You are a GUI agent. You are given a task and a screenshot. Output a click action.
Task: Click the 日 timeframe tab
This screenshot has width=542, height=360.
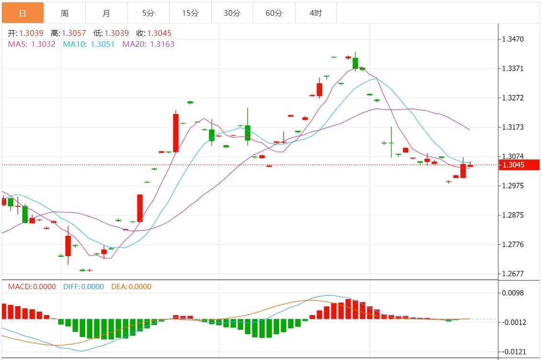23,13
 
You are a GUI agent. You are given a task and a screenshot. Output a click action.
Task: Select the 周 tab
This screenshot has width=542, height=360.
65,13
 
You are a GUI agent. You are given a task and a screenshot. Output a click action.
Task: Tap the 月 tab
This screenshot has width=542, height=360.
106,13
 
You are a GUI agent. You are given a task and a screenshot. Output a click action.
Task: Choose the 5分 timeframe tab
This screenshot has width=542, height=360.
148,13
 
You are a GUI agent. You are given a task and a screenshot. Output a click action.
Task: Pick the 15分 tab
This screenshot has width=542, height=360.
190,13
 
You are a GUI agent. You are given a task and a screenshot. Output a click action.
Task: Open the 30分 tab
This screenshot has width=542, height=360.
232,13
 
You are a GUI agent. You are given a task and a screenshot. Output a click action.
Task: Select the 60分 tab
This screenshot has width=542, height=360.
274,13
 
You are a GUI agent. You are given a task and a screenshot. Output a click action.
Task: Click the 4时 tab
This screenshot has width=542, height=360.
316,13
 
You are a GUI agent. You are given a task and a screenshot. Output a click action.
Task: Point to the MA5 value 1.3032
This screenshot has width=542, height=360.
43,44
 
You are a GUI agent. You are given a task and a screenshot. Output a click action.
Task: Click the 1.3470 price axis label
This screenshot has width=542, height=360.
513,39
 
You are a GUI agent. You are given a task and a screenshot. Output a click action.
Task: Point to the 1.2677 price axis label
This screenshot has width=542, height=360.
513,274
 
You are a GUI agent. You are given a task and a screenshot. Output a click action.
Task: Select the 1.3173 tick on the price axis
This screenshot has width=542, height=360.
513,127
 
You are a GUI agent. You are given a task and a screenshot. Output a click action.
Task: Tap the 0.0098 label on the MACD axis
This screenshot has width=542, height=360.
513,293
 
